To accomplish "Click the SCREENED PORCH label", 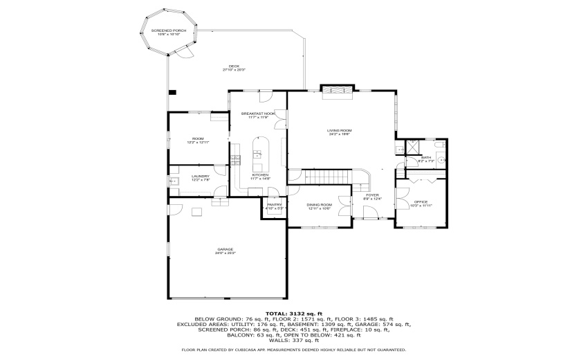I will [x=169, y=31].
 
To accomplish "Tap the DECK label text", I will [x=235, y=66].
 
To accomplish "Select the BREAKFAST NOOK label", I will [x=258, y=113].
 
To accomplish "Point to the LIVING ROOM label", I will [x=340, y=130].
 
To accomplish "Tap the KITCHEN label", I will [x=260, y=175].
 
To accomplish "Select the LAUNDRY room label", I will [x=200, y=176].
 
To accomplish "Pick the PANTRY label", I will [x=274, y=205].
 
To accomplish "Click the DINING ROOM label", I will [x=320, y=205].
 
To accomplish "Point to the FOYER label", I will [x=372, y=195].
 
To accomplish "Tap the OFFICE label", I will [x=421, y=202].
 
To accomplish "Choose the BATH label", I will [x=426, y=158].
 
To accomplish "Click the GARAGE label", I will [x=226, y=249].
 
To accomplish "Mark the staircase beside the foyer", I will [x=329, y=177].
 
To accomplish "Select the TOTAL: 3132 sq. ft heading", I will [x=294, y=313].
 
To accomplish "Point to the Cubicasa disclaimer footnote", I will [x=294, y=350].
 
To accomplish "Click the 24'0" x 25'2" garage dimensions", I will [x=226, y=253].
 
